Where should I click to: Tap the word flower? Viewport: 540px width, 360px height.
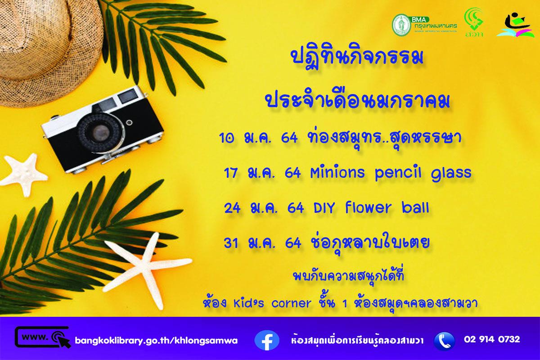[369, 208]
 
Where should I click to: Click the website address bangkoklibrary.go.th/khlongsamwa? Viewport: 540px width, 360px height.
[157, 340]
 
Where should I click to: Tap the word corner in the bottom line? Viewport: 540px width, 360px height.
[291, 303]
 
